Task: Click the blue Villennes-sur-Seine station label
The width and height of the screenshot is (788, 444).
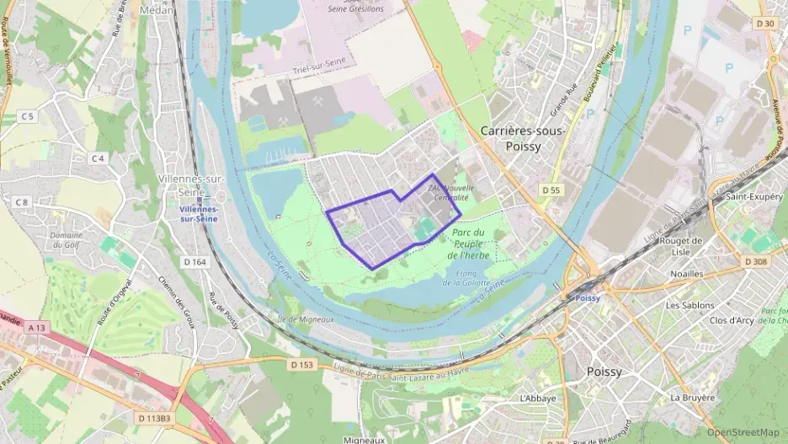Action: coord(199,213)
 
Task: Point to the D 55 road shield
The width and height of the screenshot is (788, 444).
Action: coord(551,190)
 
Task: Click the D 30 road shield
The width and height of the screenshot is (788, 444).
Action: coord(765,23)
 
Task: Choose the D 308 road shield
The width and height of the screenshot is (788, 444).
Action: coord(755,262)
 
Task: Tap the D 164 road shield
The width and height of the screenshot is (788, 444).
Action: coord(194,262)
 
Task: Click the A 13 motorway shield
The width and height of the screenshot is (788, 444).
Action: coord(35,327)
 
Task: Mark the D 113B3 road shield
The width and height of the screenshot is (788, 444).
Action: coord(152,417)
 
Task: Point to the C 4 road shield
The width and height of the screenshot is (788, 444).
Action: coord(98,158)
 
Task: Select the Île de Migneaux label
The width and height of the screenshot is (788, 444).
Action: coord(306,319)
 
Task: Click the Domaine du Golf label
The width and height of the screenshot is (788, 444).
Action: coord(66,239)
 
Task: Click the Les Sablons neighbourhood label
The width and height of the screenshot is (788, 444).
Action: coord(689,305)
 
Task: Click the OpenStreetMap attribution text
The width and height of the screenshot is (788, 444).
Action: coord(743,432)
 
